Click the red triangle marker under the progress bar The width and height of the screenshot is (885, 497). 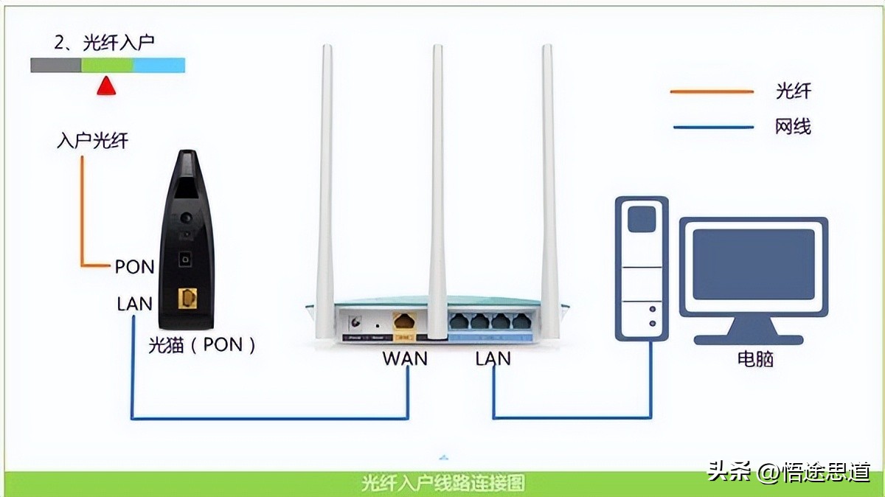coord(107,86)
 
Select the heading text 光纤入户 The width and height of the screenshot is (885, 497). coord(118,43)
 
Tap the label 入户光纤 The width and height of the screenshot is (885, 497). coord(92,140)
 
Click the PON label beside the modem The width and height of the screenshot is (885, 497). coord(134,266)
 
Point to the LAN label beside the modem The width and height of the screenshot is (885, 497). coord(134,303)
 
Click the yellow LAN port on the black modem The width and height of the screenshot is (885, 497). coord(189,299)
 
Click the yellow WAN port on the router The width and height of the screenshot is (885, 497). coord(405,322)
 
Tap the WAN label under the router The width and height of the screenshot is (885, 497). coord(405,358)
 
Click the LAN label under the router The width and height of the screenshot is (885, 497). coord(493,358)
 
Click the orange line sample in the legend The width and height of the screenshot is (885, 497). coord(712,91)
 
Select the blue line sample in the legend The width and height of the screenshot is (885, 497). coord(712,127)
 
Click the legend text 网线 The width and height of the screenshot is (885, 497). coord(793,127)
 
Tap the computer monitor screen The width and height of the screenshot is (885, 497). coord(753,263)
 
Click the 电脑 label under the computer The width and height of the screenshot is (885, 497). coord(755,359)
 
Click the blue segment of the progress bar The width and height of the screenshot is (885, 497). coord(159,65)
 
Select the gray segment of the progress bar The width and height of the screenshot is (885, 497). coord(55,65)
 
